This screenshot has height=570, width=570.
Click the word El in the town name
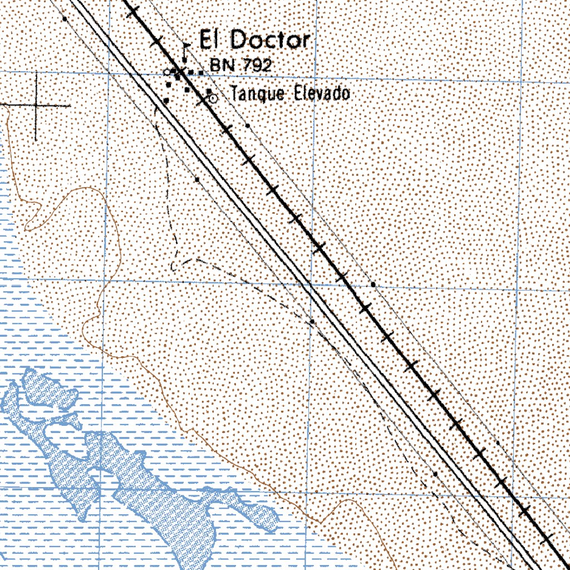211,40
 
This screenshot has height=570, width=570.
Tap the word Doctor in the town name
269,40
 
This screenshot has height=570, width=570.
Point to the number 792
257,66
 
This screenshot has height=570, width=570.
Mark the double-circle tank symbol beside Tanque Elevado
212,98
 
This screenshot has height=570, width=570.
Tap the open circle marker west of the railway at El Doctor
167,72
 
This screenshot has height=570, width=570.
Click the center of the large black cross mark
37,105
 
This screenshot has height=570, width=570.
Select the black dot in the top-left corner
65,18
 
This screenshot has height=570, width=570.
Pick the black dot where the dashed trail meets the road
312,321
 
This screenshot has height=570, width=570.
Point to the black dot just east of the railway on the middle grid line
373,284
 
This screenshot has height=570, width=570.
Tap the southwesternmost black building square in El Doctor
166,100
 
